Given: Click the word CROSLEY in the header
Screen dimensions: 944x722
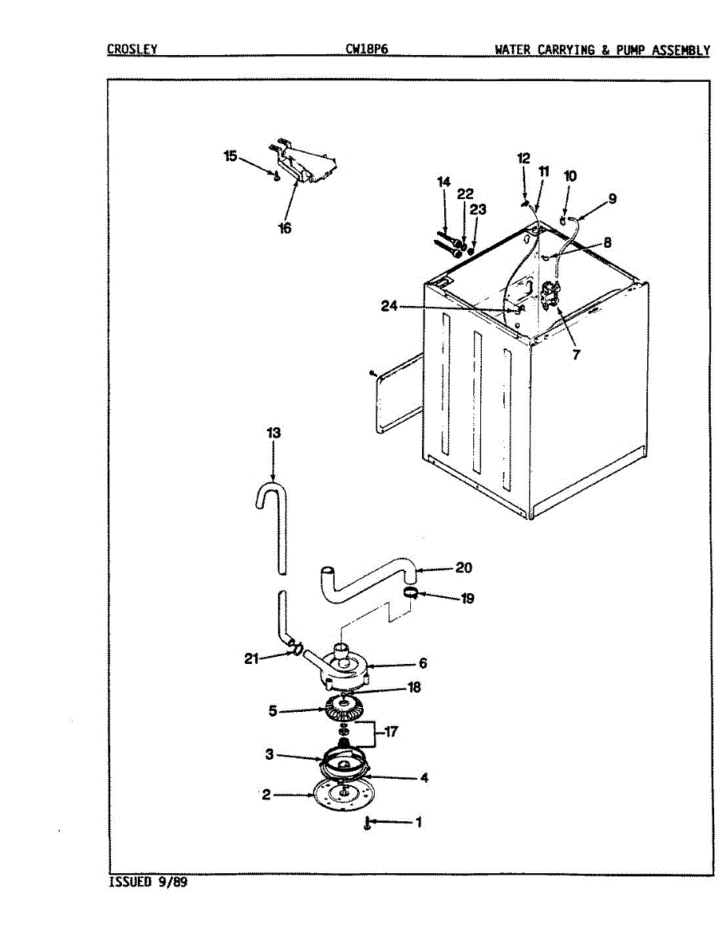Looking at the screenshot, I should tap(131, 50).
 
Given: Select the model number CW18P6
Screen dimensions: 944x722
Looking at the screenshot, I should tap(366, 50).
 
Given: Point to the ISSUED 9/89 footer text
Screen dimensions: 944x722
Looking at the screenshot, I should tap(148, 882).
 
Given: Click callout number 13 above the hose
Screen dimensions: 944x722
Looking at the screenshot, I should tap(273, 433).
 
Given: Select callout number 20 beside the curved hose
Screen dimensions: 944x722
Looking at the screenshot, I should tap(464, 567).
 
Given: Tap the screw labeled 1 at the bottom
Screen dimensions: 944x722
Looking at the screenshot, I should tap(367, 824).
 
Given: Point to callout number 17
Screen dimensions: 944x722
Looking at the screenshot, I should tap(391, 732).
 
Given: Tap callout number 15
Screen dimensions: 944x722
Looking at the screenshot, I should tap(230, 157).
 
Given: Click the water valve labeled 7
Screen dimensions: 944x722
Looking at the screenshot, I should tap(550, 297).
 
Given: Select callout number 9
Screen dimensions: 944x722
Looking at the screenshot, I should tap(612, 199).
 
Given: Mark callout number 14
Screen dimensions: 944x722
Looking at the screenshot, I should tap(443, 183).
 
